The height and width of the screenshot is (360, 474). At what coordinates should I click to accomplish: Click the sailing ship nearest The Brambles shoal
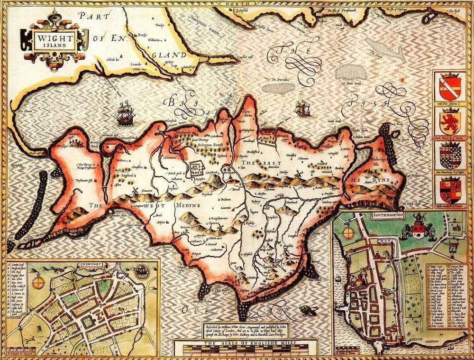pyautogui.click(x=301, y=108)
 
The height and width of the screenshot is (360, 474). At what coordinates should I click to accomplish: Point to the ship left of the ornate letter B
pyautogui.click(x=122, y=113)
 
